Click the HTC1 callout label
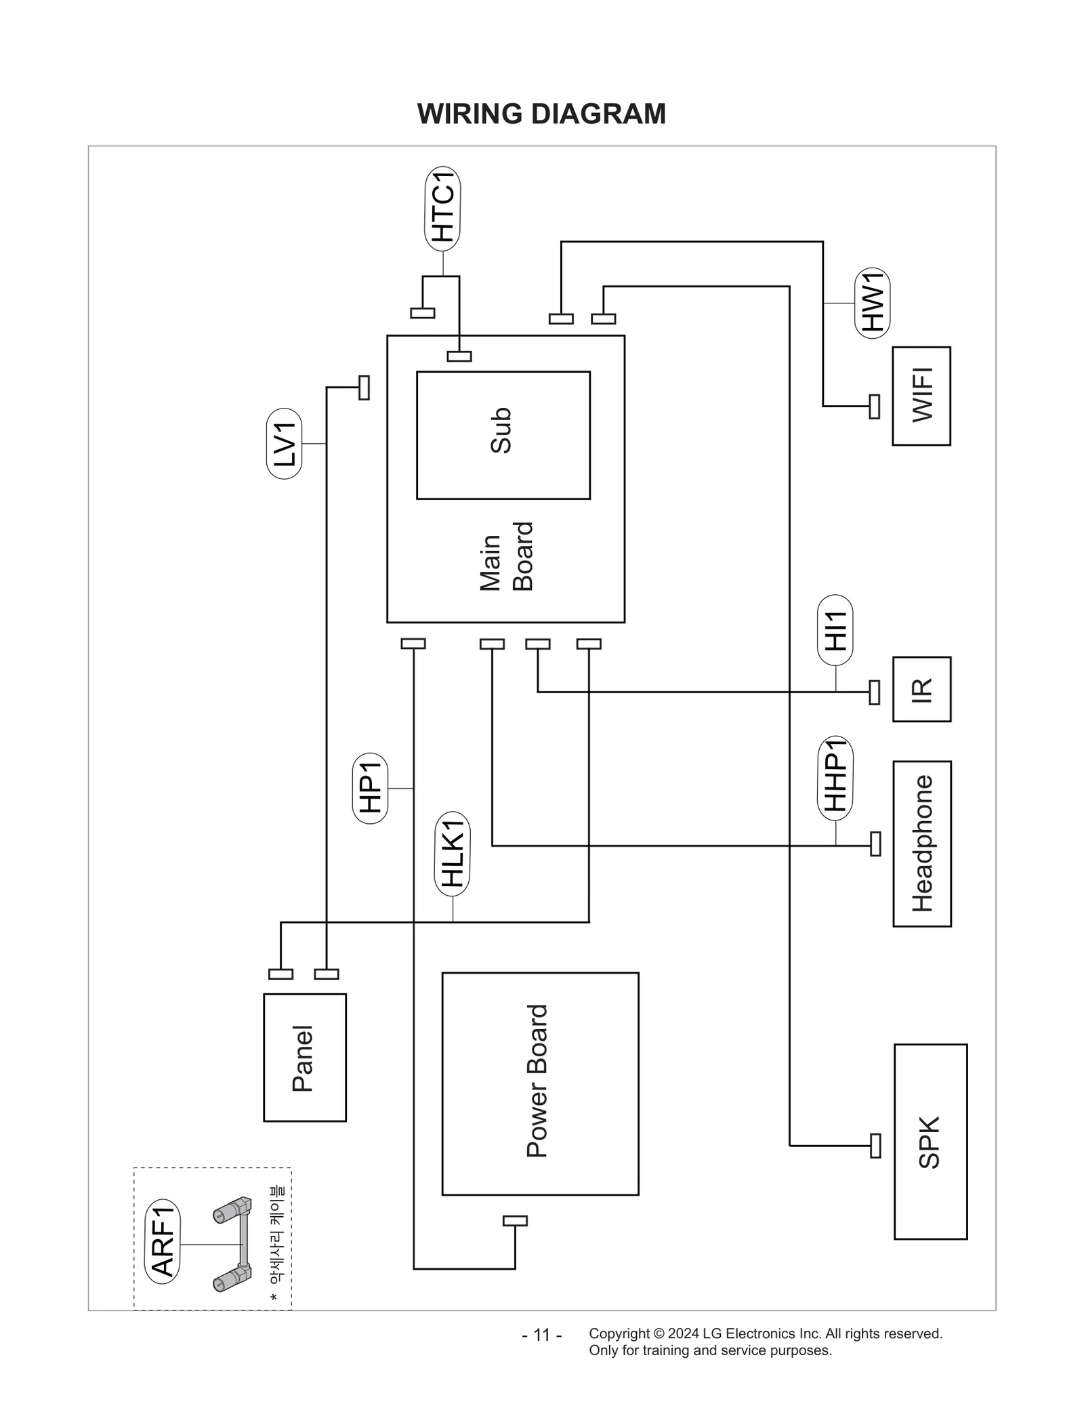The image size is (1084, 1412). pyautogui.click(x=442, y=209)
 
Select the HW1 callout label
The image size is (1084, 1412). pyautogui.click(x=873, y=302)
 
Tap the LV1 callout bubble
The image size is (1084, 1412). pyautogui.click(x=285, y=444)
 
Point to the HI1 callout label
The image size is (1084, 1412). pyautogui.click(x=835, y=631)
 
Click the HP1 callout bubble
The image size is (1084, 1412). pyautogui.click(x=371, y=788)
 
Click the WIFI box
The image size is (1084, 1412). pyautogui.click(x=921, y=396)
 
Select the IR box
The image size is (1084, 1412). pyautogui.click(x=921, y=689)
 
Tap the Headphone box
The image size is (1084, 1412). pyautogui.click(x=921, y=844)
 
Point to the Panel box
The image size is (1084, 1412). pyautogui.click(x=304, y=1058)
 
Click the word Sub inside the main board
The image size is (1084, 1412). pyautogui.click(x=501, y=431)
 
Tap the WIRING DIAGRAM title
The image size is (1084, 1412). pyautogui.click(x=541, y=114)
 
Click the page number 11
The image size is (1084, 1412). pyautogui.click(x=541, y=1335)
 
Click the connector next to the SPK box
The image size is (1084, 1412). pyautogui.click(x=875, y=1146)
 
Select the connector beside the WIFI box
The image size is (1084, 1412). pyautogui.click(x=875, y=407)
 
